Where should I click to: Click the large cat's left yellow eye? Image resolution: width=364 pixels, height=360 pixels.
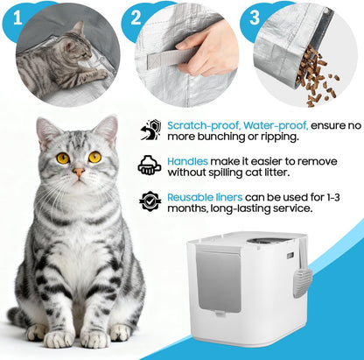63,158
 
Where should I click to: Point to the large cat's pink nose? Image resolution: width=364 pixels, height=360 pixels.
79,172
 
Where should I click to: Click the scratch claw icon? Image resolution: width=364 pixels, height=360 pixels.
150,131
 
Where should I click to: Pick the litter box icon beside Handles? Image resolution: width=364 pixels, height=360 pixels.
150,166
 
